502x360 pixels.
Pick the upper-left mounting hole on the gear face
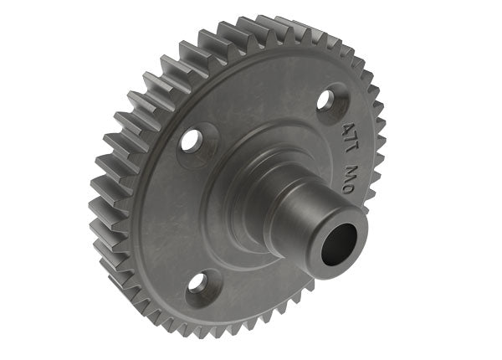195,137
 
